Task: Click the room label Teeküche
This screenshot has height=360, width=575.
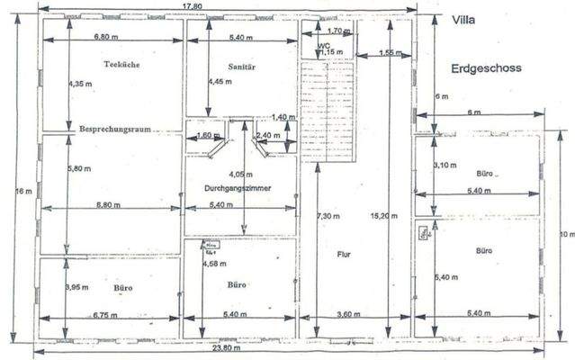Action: click(120, 65)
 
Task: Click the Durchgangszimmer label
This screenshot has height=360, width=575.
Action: click(239, 188)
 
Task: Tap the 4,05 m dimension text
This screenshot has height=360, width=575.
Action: click(238, 174)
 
